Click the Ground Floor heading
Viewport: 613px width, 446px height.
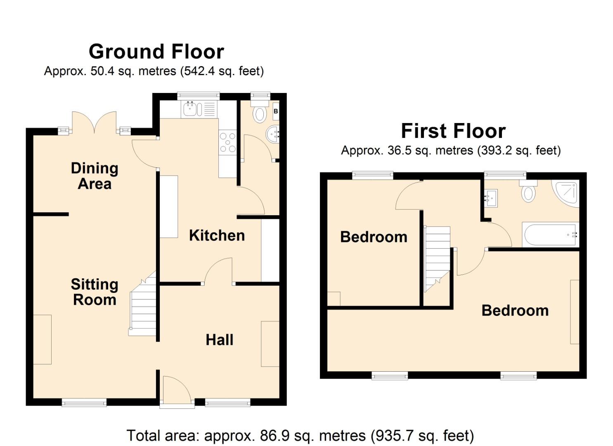156,52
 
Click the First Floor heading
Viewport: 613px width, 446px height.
453,131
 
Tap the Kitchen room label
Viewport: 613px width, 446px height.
217,235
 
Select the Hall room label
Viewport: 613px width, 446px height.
219,340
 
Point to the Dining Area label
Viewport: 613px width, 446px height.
95,176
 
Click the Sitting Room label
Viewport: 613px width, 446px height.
95,292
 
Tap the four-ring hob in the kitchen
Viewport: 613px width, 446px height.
227,142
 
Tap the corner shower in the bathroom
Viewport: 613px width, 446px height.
567,193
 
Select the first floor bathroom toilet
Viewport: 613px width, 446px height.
528,192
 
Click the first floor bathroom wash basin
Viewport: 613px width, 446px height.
491,198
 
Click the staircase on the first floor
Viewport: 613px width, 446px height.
437,256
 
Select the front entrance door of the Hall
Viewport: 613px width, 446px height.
177,391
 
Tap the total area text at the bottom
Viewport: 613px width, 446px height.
300,436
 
